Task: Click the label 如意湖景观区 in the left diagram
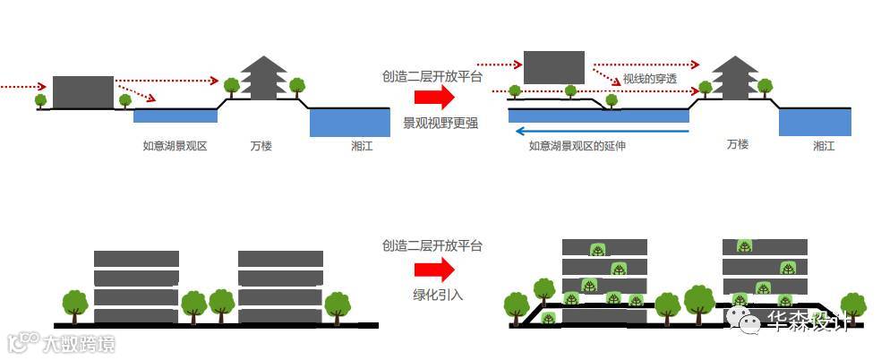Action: point(175,145)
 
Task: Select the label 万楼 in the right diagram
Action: point(738,144)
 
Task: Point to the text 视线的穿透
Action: point(650,79)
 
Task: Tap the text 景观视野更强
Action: point(435,122)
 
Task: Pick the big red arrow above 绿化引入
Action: point(436,270)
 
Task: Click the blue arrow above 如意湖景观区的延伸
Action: point(599,131)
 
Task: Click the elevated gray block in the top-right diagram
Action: point(553,67)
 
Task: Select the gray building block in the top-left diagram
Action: point(83,92)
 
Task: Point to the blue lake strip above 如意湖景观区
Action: point(175,116)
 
